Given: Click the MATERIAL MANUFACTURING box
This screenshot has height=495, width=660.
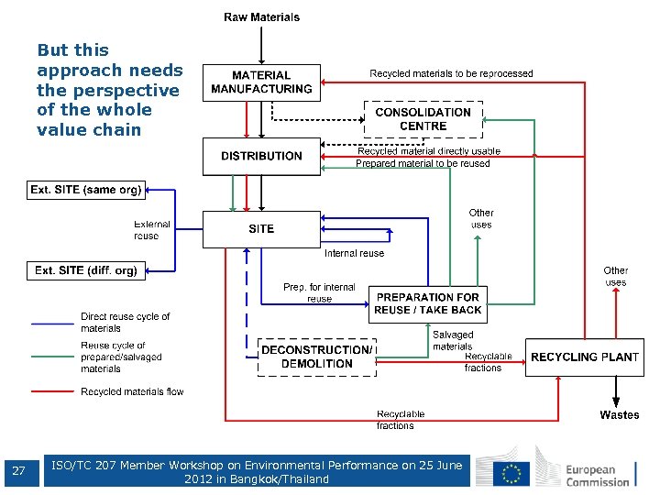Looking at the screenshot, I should [261, 82].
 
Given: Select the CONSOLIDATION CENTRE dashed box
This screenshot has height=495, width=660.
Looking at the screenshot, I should [423, 119].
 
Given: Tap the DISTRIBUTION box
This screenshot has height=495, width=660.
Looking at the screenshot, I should [261, 156].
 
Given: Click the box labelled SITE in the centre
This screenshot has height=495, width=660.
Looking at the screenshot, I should [261, 229].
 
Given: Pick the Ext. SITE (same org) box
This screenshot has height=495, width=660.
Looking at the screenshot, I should [86, 191].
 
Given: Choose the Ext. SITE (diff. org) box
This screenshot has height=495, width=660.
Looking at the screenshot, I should [86, 270].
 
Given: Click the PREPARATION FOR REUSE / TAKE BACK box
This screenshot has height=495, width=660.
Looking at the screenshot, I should [428, 303].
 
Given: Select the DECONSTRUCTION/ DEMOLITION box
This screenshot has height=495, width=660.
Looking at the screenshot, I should [317, 357].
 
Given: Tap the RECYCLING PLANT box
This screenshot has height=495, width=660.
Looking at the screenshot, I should [584, 357].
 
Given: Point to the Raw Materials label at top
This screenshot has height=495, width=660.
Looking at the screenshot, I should [261, 16].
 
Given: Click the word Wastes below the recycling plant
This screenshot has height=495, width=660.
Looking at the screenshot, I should [620, 415].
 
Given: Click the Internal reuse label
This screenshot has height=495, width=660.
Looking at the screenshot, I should [354, 253].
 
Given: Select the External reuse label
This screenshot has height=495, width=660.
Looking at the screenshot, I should [152, 230].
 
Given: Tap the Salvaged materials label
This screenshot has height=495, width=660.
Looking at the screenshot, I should [453, 340].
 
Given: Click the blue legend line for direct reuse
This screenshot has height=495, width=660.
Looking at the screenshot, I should [52, 323].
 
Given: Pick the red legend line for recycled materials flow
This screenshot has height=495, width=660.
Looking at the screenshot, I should [52, 391].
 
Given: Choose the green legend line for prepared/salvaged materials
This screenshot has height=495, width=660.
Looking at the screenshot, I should [52, 357].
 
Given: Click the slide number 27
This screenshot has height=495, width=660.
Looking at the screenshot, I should [18, 472].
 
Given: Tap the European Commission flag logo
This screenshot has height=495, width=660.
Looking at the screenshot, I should [511, 472].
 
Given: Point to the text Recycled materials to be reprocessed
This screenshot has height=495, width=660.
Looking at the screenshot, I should [451, 73].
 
